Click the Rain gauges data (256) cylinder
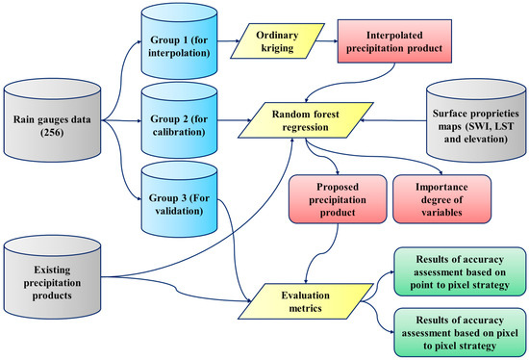pos(50,126)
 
